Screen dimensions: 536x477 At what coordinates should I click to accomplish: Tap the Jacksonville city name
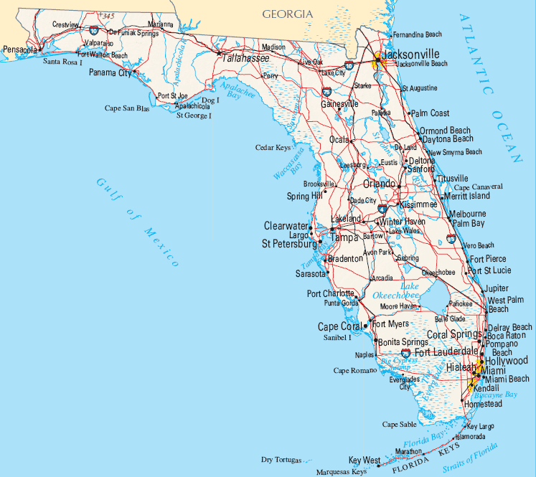[x=410, y=54]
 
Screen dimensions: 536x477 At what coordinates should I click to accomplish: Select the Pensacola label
[x=20, y=49]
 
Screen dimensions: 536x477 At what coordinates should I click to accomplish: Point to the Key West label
[x=364, y=460]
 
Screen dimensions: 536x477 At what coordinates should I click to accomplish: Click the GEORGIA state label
[x=287, y=14]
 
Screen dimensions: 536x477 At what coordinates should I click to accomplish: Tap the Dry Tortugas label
[x=281, y=460]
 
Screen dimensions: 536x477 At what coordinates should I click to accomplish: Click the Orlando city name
[x=380, y=184]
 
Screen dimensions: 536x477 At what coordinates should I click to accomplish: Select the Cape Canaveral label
[x=478, y=186]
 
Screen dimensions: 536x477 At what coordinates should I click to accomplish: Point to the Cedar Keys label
[x=273, y=148]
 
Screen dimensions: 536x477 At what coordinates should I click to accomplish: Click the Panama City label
[x=111, y=72]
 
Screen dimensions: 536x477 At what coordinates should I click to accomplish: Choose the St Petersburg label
[x=289, y=244]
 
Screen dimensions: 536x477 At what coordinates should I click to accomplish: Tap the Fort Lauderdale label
[x=446, y=351]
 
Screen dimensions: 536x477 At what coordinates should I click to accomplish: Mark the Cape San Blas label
[x=127, y=108]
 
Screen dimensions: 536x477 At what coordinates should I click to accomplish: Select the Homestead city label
[x=484, y=404]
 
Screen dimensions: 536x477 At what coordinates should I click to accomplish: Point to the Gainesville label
[x=339, y=103]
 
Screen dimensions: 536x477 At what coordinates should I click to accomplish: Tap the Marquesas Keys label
[x=342, y=472]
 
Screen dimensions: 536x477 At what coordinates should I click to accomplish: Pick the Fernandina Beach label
[x=418, y=34]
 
